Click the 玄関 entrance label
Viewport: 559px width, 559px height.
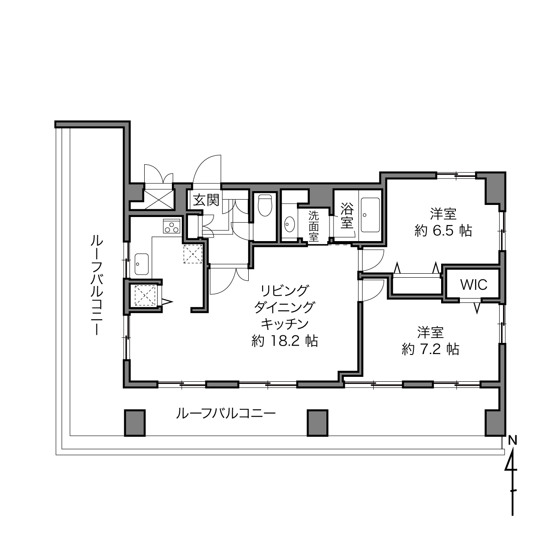[x=206, y=200]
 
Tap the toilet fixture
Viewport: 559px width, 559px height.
[x=265, y=205]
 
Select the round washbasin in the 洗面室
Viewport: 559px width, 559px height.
[x=290, y=224]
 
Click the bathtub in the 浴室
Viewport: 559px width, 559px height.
[x=371, y=215]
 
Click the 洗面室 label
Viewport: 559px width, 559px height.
[x=313, y=226]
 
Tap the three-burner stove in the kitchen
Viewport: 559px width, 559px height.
[x=172, y=226]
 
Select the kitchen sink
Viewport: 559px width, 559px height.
[x=142, y=264]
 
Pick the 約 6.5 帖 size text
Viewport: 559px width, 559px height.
[x=443, y=231]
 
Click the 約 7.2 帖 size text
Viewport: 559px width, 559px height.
[x=430, y=350]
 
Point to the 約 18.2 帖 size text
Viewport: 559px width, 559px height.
[x=284, y=341]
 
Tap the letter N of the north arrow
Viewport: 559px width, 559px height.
[x=513, y=441]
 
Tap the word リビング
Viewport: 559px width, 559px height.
[x=284, y=290]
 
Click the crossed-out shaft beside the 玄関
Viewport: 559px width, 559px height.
[x=159, y=199]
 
